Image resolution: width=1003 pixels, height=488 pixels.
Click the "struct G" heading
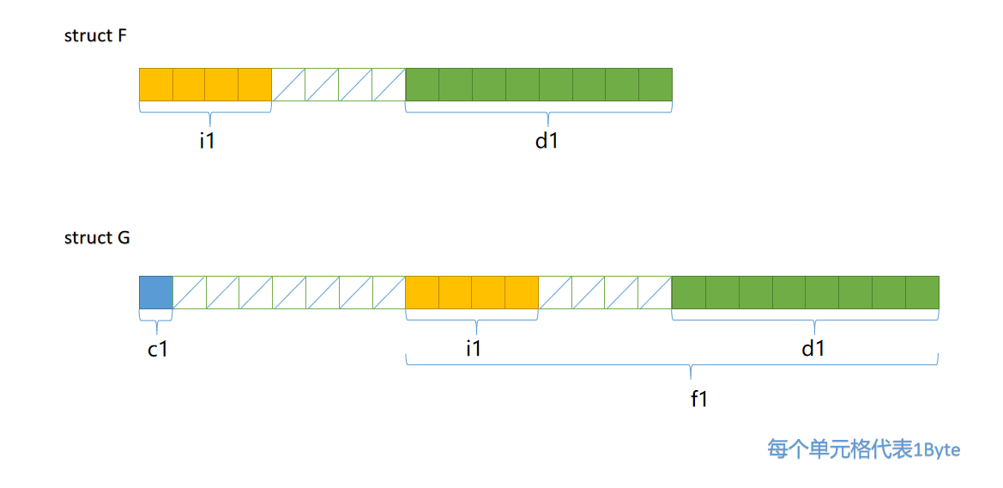coord(97,238)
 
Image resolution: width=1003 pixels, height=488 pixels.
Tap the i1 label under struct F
coord(207,140)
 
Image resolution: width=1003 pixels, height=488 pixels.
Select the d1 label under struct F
coord(547,140)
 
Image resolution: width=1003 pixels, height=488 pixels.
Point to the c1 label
coord(157,349)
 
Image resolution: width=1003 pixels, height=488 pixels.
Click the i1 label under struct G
coord(473,349)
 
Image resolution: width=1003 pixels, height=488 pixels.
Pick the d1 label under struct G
coord(813,349)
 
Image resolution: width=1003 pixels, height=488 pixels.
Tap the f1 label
coord(698,399)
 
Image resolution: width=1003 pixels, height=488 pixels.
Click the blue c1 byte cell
coord(156,292)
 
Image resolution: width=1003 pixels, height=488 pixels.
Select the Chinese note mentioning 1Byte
coord(863,449)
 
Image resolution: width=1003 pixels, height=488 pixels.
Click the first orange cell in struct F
coord(156,84)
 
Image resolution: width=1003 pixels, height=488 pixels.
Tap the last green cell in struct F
coord(656,84)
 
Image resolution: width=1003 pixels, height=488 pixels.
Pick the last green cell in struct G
coord(922,292)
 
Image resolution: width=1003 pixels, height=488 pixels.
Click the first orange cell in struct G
coord(422,292)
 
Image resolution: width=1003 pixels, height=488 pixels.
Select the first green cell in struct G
coord(689,292)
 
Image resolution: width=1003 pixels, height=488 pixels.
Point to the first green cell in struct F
coord(422,84)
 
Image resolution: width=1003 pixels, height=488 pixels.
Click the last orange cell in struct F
coord(255,84)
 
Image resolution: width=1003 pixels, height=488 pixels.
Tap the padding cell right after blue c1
coord(190,292)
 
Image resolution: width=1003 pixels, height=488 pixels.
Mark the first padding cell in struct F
coord(288,84)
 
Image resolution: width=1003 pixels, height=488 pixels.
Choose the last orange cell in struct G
coord(522,292)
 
